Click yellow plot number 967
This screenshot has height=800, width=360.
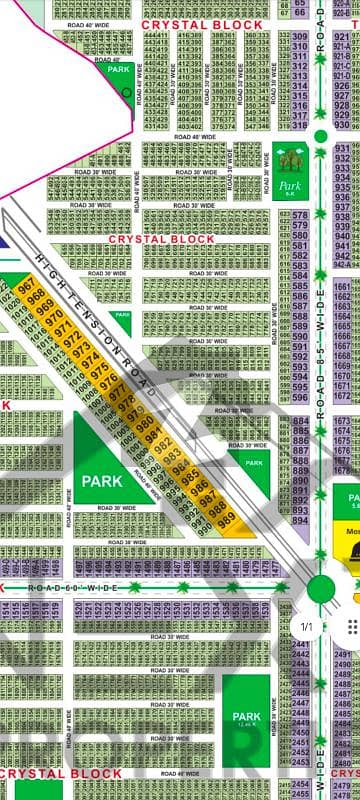coord(27,287)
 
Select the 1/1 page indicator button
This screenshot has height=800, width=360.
coord(307,627)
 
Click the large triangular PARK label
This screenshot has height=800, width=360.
coord(102,481)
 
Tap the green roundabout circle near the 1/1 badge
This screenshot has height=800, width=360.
coord(320,589)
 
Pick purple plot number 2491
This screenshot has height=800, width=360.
coord(343,655)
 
